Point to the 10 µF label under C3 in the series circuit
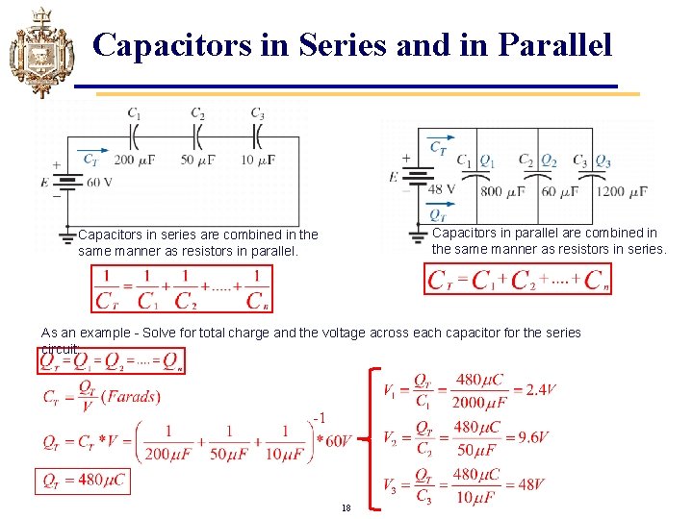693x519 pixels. click(x=260, y=159)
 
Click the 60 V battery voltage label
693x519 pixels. click(x=98, y=181)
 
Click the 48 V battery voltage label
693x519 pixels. click(x=442, y=189)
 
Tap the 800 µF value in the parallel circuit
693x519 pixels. click(x=502, y=190)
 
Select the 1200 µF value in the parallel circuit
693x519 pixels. click(x=621, y=190)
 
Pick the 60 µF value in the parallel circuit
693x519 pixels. click(x=559, y=190)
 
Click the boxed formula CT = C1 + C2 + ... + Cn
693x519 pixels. click(x=518, y=280)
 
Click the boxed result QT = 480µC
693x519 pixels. click(x=83, y=481)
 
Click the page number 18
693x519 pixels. click(x=346, y=507)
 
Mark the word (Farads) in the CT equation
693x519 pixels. click(x=131, y=396)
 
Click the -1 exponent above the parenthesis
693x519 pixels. click(x=321, y=417)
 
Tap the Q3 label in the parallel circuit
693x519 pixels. click(x=603, y=161)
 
